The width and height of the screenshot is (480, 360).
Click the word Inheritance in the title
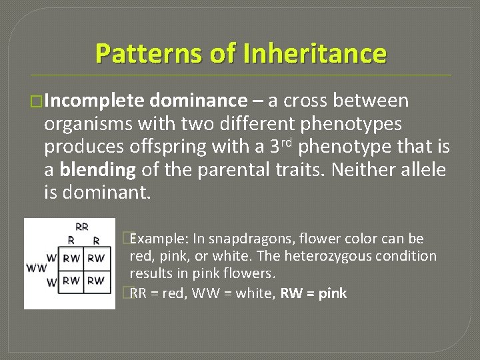pyautogui.click(x=315, y=53)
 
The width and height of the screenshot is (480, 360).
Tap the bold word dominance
pyautogui.click(x=198, y=101)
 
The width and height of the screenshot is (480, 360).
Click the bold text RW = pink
pyautogui.click(x=314, y=293)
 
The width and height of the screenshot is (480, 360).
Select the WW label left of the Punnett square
pyautogui.click(x=37, y=269)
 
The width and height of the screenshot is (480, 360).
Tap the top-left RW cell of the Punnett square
pyautogui.click(x=72, y=258)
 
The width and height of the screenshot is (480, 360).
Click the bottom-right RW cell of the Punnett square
pyautogui.click(x=95, y=281)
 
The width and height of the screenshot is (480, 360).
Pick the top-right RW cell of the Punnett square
pyautogui.click(x=95, y=258)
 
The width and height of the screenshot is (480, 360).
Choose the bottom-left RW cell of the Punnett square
pyautogui.click(x=72, y=281)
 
